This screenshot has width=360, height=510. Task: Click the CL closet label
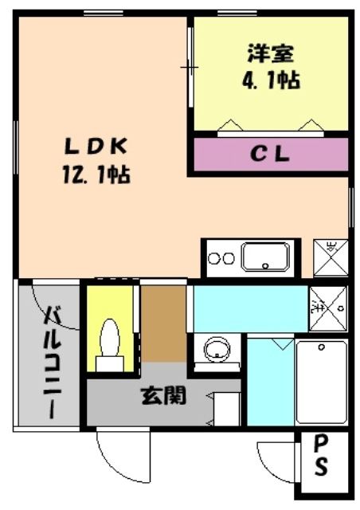tap(270, 155)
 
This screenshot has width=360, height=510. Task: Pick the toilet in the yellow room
tap(110, 340)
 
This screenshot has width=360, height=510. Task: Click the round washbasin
tap(217, 349)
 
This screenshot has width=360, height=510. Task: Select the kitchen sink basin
tap(266, 257)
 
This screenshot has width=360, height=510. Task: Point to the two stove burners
tap(220, 258)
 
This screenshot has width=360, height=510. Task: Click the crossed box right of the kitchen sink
tap(331, 257)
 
